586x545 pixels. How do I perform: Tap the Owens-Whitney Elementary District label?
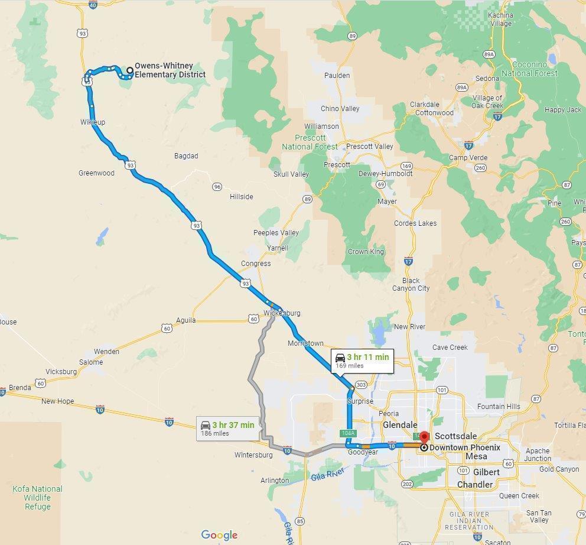pos(170,70)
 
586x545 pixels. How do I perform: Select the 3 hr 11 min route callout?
pos(362,361)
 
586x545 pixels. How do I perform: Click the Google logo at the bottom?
pos(219,535)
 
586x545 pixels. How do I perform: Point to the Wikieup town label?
pos(93,122)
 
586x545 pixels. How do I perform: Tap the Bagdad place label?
pos(186,156)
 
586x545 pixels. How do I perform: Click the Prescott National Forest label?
pos(310,142)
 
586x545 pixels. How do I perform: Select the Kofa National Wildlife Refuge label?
pos(38,498)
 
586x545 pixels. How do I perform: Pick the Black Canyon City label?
pos(411,284)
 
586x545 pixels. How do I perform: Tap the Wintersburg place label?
pos(253,455)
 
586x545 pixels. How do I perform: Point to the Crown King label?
pos(366,252)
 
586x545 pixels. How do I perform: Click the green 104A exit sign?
pos(348,433)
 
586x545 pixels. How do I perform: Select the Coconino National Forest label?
pos(529,69)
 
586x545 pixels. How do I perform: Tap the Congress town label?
pos(256,264)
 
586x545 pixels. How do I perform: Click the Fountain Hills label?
pos(499,407)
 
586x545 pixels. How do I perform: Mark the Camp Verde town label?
pos(468,158)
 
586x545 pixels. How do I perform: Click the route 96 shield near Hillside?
pos(217,187)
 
